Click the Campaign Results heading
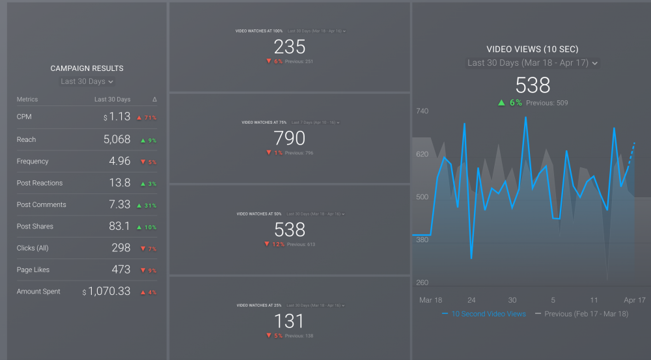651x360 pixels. [87, 68]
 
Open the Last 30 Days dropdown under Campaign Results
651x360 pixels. [87, 81]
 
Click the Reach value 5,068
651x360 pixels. [117, 139]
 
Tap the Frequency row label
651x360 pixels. [33, 161]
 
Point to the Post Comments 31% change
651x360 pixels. [147, 206]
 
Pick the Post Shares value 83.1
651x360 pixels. [119, 227]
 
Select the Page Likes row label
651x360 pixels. [33, 270]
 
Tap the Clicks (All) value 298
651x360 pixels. [120, 248]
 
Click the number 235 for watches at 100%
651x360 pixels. [290, 47]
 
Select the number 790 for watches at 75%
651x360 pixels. [290, 138]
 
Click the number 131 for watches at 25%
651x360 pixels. [290, 321]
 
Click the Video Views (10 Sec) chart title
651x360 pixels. [532, 49]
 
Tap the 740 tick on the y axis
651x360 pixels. [422, 112]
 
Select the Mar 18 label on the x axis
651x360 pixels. [430, 300]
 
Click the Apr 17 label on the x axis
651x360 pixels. [634, 300]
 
